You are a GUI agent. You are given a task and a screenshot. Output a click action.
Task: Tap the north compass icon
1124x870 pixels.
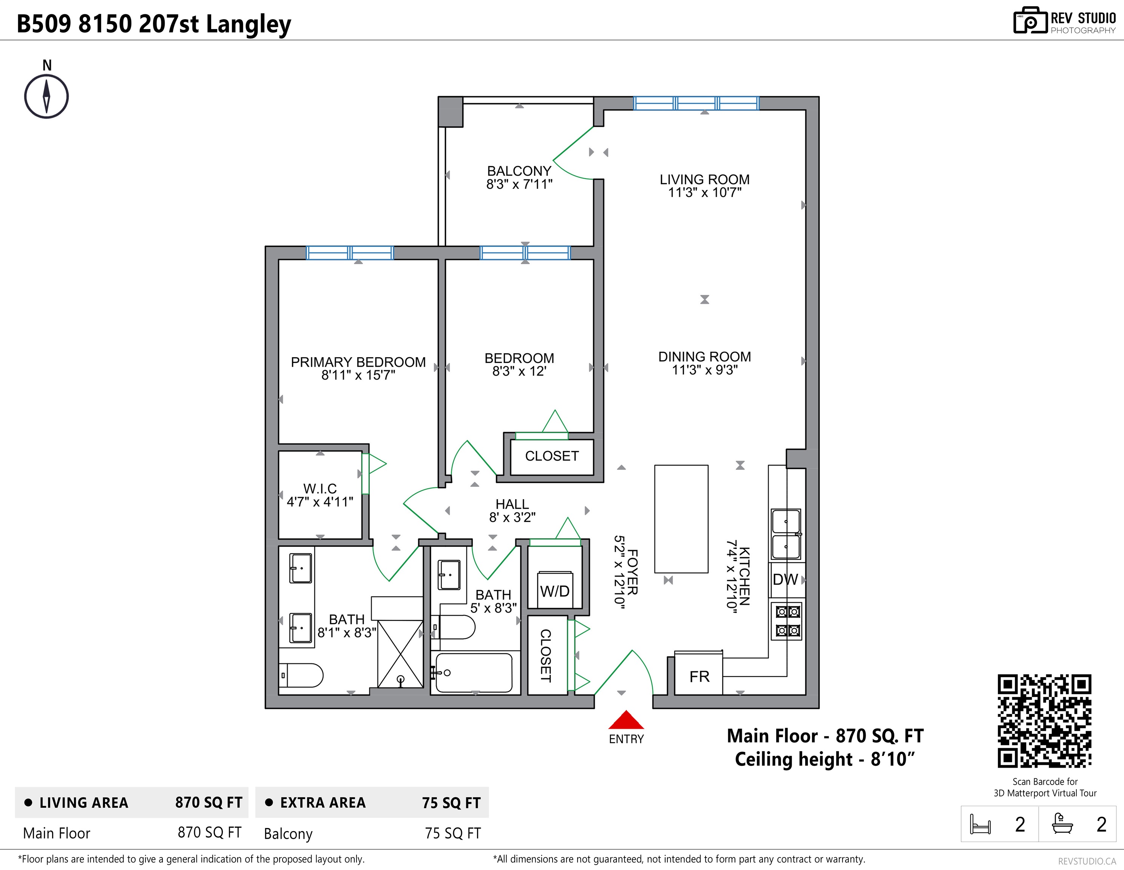pyautogui.click(x=46, y=96)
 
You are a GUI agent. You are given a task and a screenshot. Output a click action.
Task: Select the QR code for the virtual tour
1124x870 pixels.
pyautogui.click(x=1044, y=721)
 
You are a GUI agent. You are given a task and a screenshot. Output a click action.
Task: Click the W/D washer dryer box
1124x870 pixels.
pyautogui.click(x=555, y=590)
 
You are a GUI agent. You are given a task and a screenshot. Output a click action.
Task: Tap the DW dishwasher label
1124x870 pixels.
pyautogui.click(x=785, y=580)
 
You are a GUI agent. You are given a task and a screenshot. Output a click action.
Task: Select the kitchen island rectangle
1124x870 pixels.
pyautogui.click(x=681, y=518)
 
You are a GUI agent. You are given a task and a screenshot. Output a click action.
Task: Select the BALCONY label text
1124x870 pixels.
pyautogui.click(x=519, y=171)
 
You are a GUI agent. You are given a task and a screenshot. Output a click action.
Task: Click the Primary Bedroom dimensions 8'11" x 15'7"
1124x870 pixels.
pyautogui.click(x=358, y=375)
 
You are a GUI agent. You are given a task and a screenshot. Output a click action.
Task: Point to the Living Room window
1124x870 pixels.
pyautogui.click(x=696, y=103)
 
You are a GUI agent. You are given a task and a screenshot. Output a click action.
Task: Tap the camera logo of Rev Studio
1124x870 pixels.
pyautogui.click(x=1030, y=21)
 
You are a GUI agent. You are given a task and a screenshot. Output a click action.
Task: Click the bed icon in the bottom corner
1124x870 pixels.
pyautogui.click(x=980, y=824)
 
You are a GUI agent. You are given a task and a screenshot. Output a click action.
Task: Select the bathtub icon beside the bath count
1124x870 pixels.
pyautogui.click(x=1062, y=823)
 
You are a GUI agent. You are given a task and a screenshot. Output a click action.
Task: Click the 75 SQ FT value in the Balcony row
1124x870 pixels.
pyautogui.click(x=452, y=833)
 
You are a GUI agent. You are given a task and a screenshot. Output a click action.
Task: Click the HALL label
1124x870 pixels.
pyautogui.click(x=512, y=504)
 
